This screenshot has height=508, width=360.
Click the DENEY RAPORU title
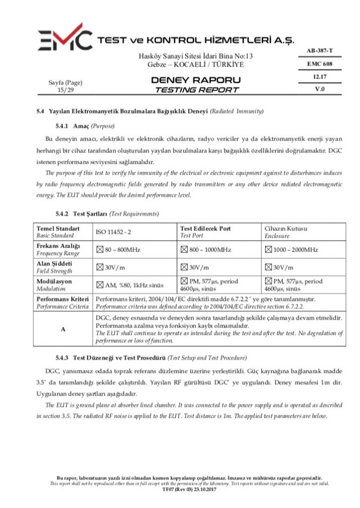196,80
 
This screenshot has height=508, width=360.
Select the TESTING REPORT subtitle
196,90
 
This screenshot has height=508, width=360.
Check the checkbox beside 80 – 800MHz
99,250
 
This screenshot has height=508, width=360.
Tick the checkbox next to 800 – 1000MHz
184,250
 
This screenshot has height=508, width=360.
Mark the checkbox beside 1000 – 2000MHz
269,250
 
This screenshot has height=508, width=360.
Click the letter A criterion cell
63,328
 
